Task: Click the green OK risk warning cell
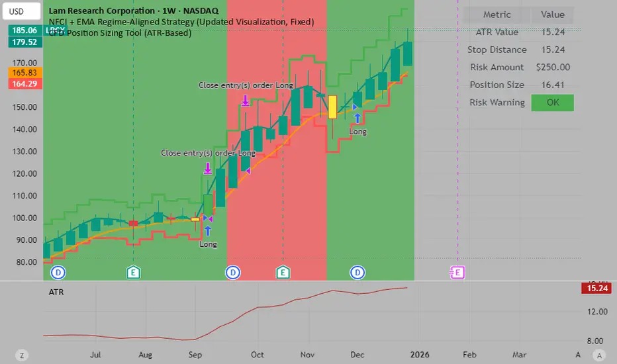[552, 103]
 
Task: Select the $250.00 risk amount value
[553, 67]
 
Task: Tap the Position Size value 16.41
[553, 85]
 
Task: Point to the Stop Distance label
[497, 50]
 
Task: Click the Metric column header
[497, 15]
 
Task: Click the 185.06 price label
[21, 30]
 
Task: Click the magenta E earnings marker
[457, 272]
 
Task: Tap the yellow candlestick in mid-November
[332, 107]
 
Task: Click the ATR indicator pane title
[57, 291]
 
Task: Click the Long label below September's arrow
[208, 244]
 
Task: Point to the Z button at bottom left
[22, 355]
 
